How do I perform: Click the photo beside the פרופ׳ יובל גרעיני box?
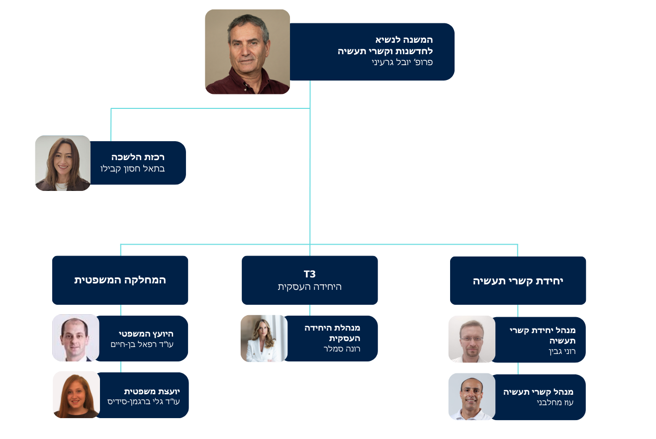coord(247,52)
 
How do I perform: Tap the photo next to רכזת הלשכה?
coord(63,163)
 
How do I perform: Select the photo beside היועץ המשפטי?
coord(76,338)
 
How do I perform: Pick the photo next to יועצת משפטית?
coord(76,395)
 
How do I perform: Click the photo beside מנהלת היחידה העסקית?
coord(264,338)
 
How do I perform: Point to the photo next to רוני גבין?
coord(471,339)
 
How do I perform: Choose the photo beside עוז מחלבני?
coord(471,397)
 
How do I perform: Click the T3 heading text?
coord(309,274)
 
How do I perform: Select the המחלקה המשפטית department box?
coord(120,280)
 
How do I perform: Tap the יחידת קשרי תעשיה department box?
coord(518,280)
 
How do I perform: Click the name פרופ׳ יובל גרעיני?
coord(402,62)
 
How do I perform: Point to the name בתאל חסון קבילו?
coord(133,168)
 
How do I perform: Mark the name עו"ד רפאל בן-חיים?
coord(142,344)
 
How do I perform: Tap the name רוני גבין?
coord(562,351)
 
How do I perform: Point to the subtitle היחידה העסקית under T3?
coord(309,286)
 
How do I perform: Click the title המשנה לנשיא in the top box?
coord(404,40)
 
